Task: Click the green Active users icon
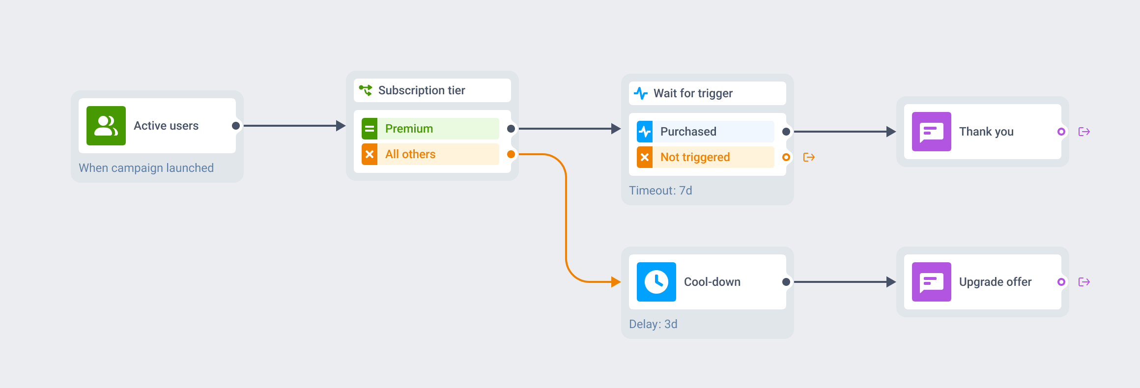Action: click(106, 126)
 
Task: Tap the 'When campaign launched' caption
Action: click(146, 168)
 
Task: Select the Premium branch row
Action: click(430, 129)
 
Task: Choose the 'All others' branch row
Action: click(430, 154)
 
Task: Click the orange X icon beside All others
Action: click(370, 154)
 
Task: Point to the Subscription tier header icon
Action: click(365, 90)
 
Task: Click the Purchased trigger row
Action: click(706, 132)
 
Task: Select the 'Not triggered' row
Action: click(706, 157)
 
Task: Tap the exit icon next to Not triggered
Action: click(809, 157)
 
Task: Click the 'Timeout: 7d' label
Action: click(660, 191)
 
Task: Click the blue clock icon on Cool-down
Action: click(656, 282)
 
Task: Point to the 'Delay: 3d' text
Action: click(653, 324)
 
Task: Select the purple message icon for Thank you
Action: click(932, 132)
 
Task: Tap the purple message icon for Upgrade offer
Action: click(932, 282)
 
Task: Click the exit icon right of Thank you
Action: click(1084, 132)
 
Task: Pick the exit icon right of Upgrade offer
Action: click(1084, 282)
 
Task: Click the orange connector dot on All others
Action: click(511, 154)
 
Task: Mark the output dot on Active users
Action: click(236, 126)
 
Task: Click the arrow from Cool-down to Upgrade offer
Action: click(845, 282)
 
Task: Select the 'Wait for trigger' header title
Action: click(693, 93)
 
